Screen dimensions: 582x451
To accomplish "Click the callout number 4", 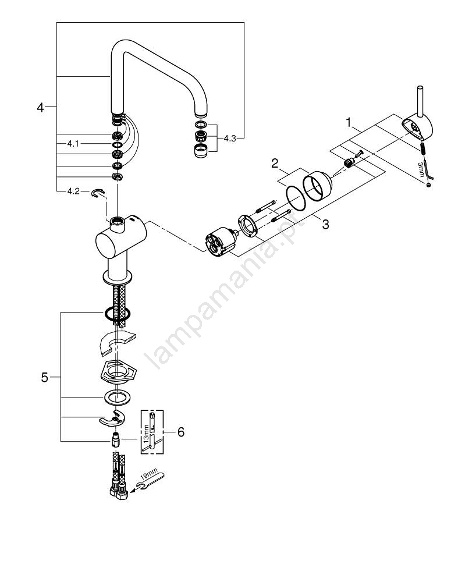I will [x=40, y=107].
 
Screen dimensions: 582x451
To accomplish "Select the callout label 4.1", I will [x=73, y=143].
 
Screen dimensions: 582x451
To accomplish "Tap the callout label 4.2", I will [x=73, y=190].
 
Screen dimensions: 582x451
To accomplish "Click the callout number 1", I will [x=349, y=123].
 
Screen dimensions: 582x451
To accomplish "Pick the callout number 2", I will [x=275, y=164].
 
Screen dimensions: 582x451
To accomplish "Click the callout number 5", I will [x=45, y=378].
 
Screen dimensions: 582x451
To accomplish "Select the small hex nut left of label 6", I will [x=116, y=438].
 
